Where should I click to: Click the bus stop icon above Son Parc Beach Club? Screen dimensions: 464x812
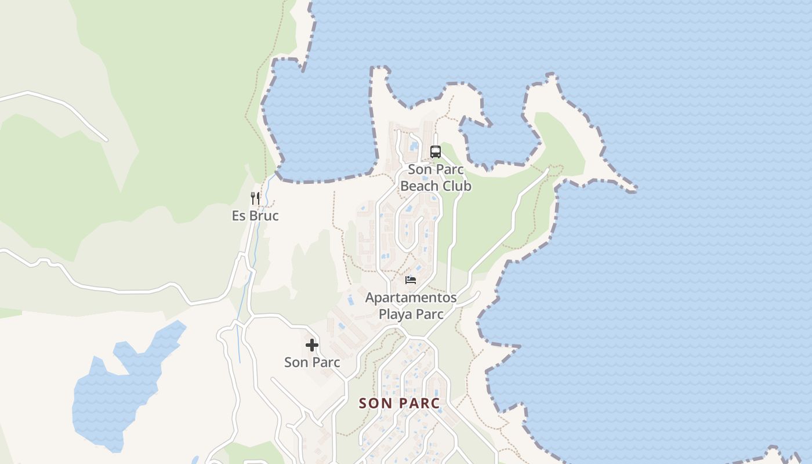[x=435, y=152]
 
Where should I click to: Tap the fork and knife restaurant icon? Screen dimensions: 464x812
[x=255, y=198]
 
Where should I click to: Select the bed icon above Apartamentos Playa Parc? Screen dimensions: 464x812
[x=411, y=280]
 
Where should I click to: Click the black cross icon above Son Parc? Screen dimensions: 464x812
[x=312, y=345]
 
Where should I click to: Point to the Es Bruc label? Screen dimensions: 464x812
[x=255, y=216]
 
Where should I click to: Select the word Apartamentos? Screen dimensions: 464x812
[x=411, y=298]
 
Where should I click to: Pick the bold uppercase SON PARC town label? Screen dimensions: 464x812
[x=399, y=403]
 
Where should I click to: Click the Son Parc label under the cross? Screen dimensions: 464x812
[x=312, y=362]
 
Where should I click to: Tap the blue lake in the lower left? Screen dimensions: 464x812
[x=116, y=394]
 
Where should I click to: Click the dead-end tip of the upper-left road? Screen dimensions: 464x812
[x=106, y=139]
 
